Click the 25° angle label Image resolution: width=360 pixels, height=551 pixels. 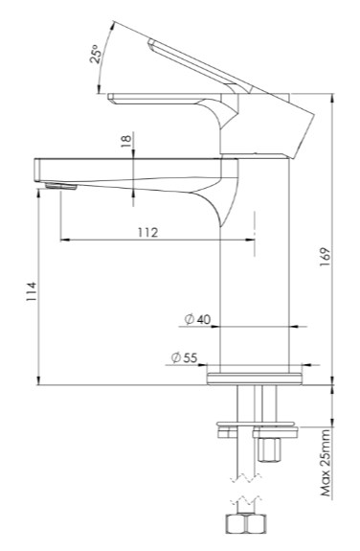tap(97, 54)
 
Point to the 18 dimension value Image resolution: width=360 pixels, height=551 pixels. tap(125, 141)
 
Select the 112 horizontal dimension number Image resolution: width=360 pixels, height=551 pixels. tap(147, 233)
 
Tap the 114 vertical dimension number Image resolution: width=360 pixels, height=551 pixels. tap(32, 291)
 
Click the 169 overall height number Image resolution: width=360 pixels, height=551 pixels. tap(326, 257)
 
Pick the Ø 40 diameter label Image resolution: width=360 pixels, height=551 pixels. tap(197, 319)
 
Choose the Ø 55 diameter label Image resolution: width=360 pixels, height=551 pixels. tap(185, 357)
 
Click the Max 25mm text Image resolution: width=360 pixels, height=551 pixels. tap(326, 463)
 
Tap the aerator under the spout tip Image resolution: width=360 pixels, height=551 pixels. tap(60, 186)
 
